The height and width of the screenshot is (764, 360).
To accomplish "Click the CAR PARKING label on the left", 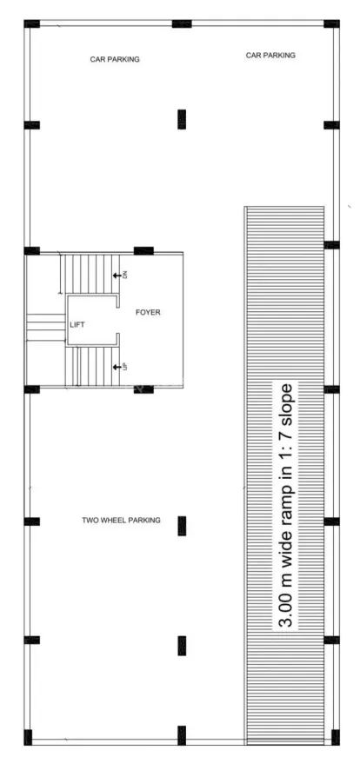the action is tap(115, 59).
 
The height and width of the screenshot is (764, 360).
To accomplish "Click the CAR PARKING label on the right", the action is tap(270, 56).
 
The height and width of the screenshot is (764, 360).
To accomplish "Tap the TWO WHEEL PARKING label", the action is tap(121, 521).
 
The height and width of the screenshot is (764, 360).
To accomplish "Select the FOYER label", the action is tap(148, 312).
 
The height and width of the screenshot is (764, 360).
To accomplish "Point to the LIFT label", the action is tap(77, 324).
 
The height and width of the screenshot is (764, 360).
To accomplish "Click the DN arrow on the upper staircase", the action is tap(117, 276).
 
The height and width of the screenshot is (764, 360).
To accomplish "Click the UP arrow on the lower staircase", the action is tap(117, 367).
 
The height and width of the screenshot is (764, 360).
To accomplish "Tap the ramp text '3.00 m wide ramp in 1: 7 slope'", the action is tap(286, 506).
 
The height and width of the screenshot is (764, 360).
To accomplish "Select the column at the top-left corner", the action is tap(31, 23).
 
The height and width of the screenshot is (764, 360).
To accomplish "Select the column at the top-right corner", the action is tap(332, 23).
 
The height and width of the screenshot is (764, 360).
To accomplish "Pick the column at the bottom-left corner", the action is tap(28, 737).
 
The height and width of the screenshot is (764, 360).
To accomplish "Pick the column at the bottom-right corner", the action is tap(336, 737).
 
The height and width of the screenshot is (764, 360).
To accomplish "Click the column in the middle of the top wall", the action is tap(182, 23).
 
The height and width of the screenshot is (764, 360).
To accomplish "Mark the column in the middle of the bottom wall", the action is tap(182, 735).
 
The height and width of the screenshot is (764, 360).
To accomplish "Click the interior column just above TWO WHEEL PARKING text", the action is tap(182, 526).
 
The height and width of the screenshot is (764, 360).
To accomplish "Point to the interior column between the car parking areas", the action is tap(182, 119).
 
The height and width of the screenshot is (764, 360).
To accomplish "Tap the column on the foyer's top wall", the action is tap(143, 251).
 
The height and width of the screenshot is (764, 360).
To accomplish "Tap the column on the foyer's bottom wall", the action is tap(143, 389).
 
